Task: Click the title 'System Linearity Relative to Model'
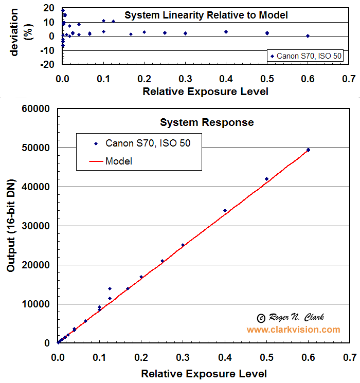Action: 206,15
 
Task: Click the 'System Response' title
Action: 207,122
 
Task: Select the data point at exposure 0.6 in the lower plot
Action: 308,150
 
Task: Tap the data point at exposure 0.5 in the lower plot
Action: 266,179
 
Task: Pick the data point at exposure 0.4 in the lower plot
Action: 225,210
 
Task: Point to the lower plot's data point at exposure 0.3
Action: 183,245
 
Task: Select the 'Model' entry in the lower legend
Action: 119,161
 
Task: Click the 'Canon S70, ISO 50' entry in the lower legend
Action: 148,143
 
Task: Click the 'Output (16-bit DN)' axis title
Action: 11,226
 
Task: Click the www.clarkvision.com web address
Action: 293,330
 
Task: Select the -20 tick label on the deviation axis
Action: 48,64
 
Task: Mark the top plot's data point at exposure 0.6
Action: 308,36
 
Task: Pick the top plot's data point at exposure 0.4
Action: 226,32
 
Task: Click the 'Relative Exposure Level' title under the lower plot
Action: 204,373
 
